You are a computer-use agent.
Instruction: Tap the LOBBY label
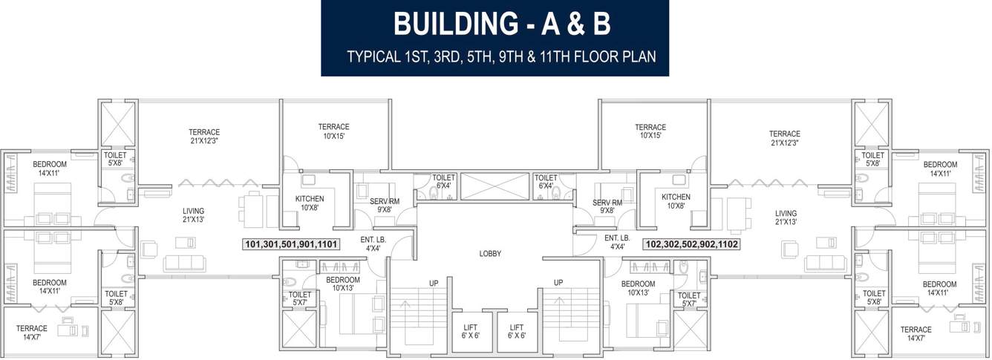(490, 254)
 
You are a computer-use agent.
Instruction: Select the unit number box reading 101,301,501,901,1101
(291, 243)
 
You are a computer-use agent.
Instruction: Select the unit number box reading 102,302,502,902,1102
(692, 243)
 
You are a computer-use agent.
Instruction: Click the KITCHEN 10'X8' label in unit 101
(309, 203)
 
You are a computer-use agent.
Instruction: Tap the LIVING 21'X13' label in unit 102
(786, 217)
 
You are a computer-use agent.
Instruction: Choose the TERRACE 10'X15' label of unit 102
(650, 132)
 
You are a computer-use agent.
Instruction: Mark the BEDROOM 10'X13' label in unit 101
(343, 284)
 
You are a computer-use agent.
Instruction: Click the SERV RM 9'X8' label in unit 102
(607, 206)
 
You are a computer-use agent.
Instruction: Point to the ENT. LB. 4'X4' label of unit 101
(371, 243)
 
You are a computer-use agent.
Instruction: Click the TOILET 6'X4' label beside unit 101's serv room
(444, 182)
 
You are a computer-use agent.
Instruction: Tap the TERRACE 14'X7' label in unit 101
(32, 333)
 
